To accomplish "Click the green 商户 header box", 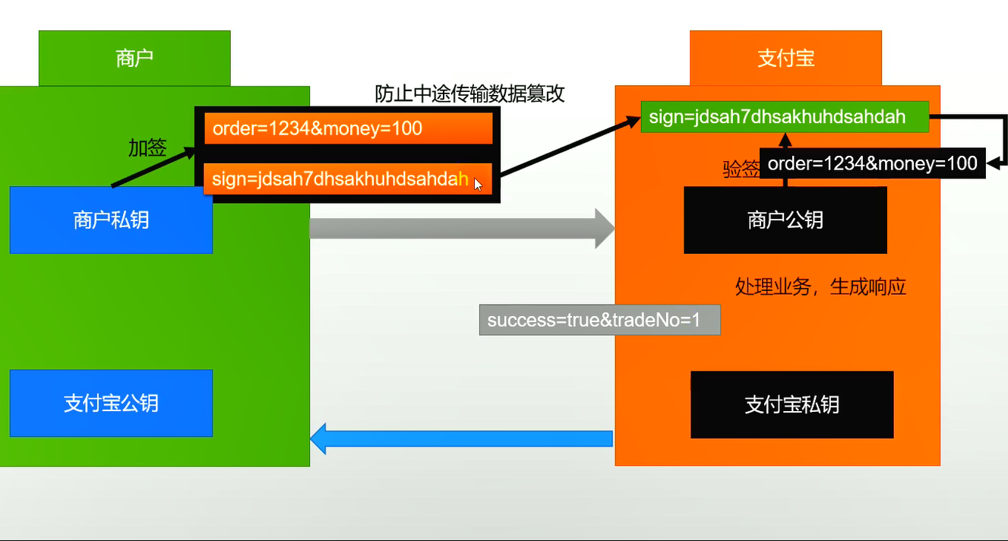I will point(134,59).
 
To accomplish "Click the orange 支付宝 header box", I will point(785,59).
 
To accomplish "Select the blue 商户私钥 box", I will point(111,220).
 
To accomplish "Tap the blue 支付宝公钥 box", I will point(111,403).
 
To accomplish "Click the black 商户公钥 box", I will point(785,220).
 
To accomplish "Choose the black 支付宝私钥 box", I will point(792,404).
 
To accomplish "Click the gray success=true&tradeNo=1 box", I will point(599,320).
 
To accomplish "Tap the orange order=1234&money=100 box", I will point(348,128).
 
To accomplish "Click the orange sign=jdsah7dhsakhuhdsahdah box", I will point(334,179).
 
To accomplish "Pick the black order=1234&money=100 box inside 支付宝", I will point(872,163).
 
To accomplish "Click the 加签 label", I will point(147,148).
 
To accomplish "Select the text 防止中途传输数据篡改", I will point(470,93).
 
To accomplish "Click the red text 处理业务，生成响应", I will point(820,286).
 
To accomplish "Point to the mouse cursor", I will point(478,184).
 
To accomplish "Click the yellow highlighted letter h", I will point(463,179).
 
